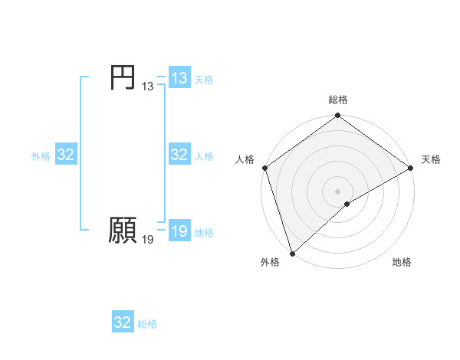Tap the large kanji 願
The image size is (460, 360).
point(122,230)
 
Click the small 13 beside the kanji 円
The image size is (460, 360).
point(147,87)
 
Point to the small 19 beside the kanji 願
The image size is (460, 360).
point(147,240)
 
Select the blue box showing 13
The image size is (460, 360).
point(179,78)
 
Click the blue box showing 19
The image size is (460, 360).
point(179,231)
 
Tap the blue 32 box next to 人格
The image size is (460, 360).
point(179,155)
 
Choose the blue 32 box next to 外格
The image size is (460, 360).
point(66,155)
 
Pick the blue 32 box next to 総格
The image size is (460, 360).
point(123,322)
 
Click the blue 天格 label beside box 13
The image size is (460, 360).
point(204,80)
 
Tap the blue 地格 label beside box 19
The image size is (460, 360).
point(204,233)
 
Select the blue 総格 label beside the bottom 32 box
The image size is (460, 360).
point(147,324)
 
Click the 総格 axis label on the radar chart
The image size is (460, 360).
point(338,100)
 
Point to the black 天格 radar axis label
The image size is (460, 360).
point(431,159)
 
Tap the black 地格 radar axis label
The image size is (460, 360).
point(402,263)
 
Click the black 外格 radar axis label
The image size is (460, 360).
point(270,263)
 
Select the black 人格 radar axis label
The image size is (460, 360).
point(245,159)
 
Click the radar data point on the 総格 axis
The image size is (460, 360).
point(338,116)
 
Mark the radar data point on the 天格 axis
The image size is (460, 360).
point(410,169)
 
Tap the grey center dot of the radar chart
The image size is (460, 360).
point(338,191)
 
